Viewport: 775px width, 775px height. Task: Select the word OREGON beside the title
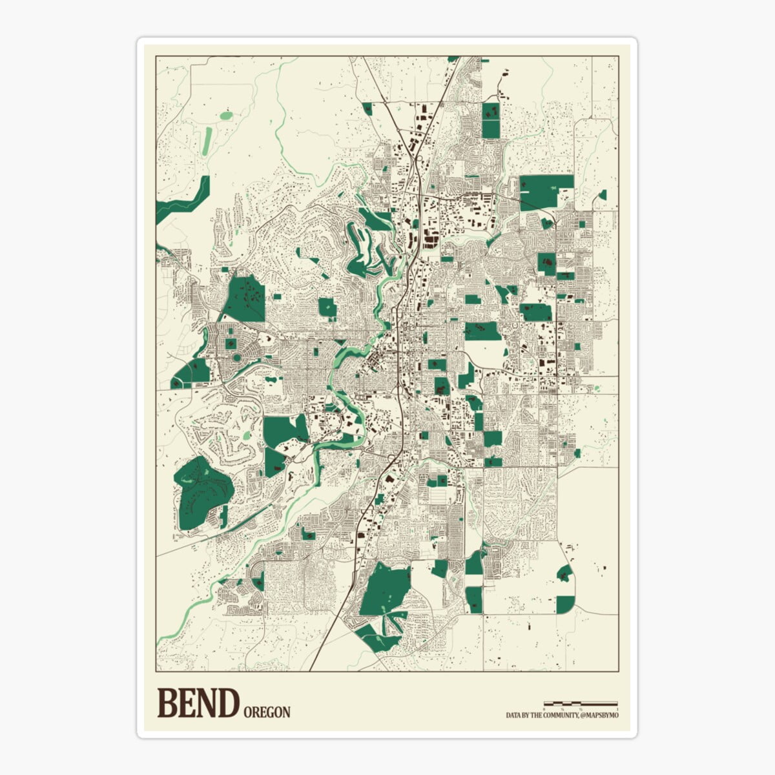(267, 712)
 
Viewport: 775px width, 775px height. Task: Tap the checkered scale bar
(581, 703)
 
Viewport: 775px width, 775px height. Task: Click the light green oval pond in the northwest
(226, 116)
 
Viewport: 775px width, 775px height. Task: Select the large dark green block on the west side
(245, 298)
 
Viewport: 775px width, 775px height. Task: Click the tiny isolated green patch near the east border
(603, 194)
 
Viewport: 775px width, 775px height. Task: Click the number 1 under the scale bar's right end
(617, 709)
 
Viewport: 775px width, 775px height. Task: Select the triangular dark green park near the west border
(192, 373)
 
